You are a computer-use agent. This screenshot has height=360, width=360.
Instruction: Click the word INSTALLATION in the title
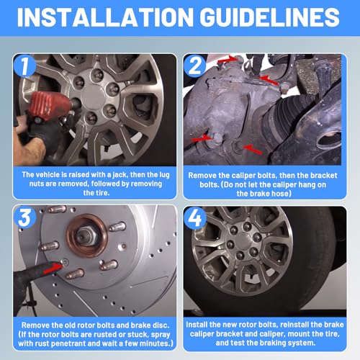click(105, 17)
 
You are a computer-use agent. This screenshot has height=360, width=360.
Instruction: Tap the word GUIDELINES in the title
click(269, 17)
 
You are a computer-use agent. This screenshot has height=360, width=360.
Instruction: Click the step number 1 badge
click(24, 66)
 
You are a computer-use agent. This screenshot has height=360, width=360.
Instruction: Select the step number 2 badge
click(194, 66)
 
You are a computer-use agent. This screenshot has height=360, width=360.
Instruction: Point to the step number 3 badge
click(25, 217)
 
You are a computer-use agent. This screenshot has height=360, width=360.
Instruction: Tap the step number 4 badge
click(195, 218)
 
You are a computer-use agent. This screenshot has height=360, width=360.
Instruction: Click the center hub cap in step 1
click(93, 96)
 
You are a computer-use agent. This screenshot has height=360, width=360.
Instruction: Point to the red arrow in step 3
click(53, 267)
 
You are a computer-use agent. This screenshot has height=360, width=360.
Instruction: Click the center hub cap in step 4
click(243, 238)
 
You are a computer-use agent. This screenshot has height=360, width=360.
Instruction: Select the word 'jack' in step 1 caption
click(120, 175)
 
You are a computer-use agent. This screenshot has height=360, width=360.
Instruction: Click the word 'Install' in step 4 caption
click(197, 325)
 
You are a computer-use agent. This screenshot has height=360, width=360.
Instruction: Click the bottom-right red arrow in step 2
click(253, 148)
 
